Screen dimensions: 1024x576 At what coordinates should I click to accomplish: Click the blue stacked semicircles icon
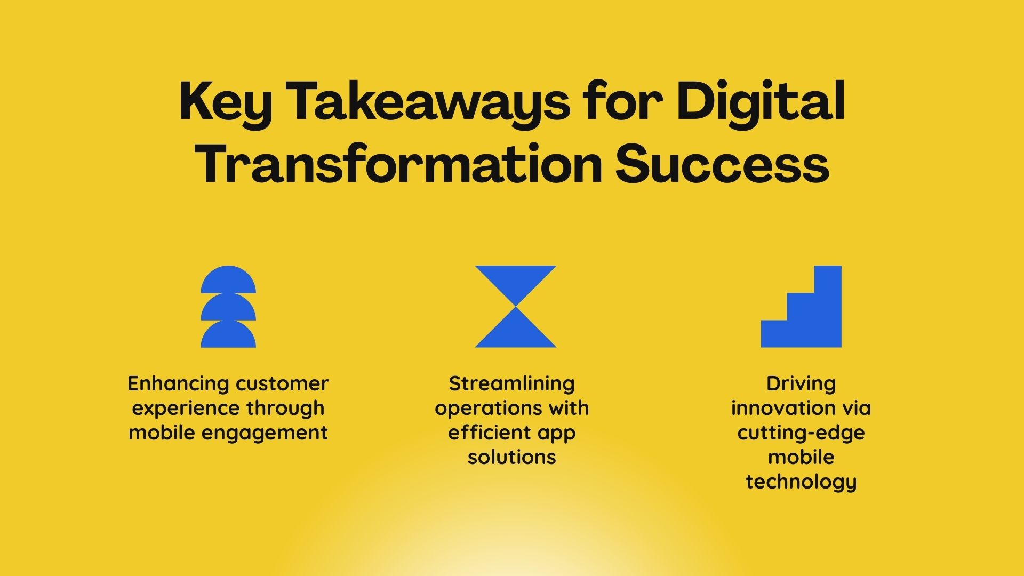tap(228, 307)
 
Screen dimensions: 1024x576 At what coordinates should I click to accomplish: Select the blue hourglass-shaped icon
tap(516, 307)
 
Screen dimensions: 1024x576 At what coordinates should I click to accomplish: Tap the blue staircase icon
tap(801, 307)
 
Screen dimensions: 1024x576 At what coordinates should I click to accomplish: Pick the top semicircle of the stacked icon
tap(228, 279)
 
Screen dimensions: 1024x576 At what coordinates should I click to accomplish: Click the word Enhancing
tap(179, 384)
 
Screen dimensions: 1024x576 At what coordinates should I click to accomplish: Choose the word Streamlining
tap(512, 384)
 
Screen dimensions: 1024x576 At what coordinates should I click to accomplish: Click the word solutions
tap(512, 457)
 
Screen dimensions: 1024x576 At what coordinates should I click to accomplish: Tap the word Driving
tap(801, 384)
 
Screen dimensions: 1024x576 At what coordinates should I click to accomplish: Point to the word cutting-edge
tap(801, 433)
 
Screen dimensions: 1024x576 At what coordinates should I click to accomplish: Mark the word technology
tap(801, 482)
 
